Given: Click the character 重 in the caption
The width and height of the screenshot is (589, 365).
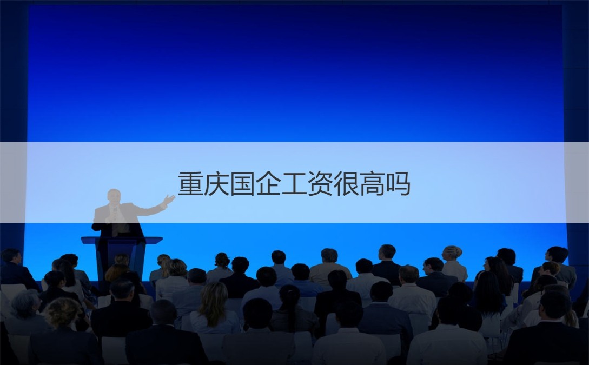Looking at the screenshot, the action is [x=190, y=184].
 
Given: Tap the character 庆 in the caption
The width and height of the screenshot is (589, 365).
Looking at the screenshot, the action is [x=216, y=184].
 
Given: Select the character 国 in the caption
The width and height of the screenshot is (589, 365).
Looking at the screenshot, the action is [x=242, y=184].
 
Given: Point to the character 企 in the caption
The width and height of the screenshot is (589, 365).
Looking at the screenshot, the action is [x=268, y=184].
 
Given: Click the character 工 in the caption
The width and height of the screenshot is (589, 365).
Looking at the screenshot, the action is [x=294, y=184].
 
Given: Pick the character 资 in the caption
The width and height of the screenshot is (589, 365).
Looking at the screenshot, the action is [x=320, y=184].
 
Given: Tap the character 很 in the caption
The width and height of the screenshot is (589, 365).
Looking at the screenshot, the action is [x=346, y=184].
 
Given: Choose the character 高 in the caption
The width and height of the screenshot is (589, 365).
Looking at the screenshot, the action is [x=372, y=184].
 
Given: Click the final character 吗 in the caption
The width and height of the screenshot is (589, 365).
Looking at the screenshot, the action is [x=398, y=184].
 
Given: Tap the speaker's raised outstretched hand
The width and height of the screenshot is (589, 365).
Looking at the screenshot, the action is [x=169, y=200].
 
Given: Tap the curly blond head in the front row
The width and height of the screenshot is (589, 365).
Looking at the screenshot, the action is [x=62, y=313].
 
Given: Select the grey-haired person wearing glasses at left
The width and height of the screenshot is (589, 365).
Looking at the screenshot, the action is [x=25, y=303].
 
